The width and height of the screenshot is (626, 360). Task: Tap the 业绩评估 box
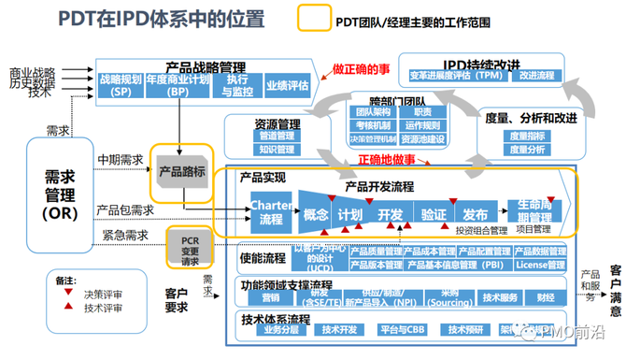286,86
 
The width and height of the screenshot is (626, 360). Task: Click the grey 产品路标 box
182,172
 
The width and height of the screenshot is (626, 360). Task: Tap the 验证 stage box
433,214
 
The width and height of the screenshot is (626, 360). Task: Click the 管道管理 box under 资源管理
277,137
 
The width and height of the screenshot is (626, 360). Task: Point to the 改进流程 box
535,76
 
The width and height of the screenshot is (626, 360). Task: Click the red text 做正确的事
361,69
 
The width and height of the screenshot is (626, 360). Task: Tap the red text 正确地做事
386,160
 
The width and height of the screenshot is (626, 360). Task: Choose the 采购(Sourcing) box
448,297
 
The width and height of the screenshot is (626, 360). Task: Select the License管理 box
542,265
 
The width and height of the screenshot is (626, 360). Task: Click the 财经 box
546,297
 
